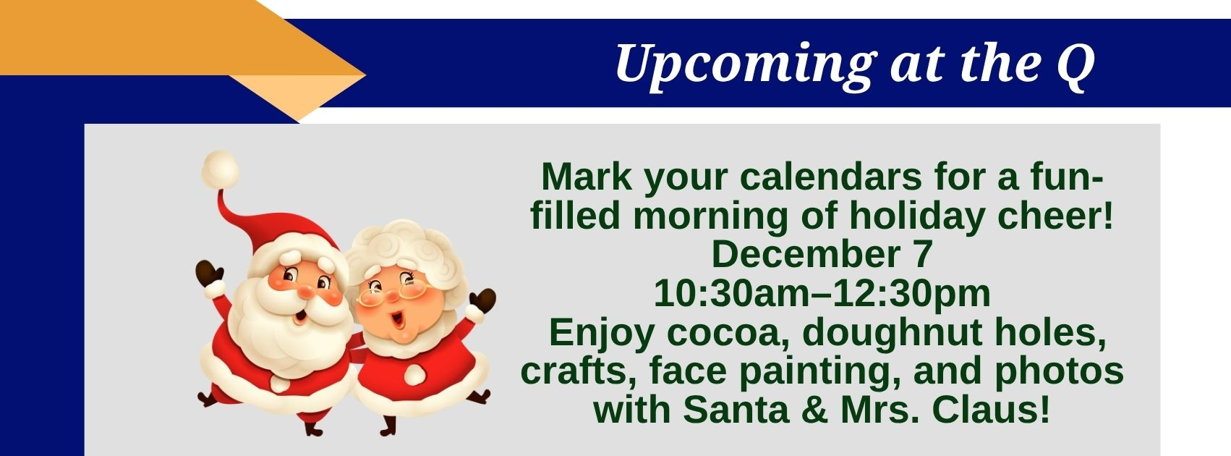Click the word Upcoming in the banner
tap(745, 65)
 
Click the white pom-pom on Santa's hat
tap(220, 169)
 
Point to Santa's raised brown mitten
tap(208, 274)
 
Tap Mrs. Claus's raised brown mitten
tap(482, 302)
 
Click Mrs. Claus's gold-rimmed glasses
tap(392, 292)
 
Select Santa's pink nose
tap(305, 292)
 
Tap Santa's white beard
tap(286, 330)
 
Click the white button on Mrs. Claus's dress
tap(415, 375)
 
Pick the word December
tap(806, 255)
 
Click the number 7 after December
tap(923, 255)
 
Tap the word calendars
tap(831, 177)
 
